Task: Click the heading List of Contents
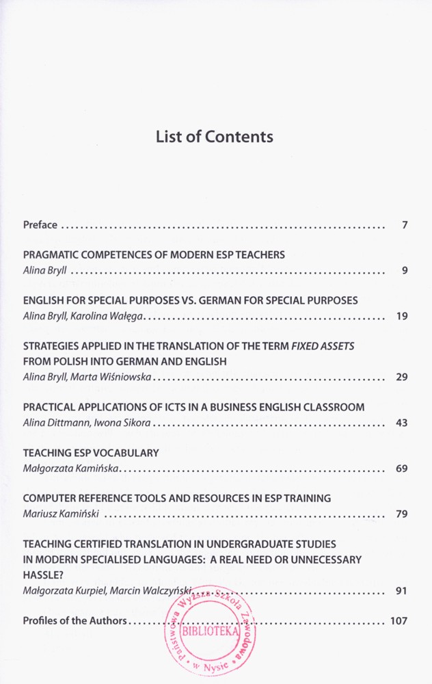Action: pos(215,136)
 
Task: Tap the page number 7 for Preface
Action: pos(405,224)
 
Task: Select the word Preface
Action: pos(40,224)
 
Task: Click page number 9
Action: pos(405,270)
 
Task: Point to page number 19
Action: pos(402,316)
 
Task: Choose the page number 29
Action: pos(402,377)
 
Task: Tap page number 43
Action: pos(402,423)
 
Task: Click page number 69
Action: pos(402,469)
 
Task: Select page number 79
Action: pos(402,514)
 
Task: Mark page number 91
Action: pos(402,590)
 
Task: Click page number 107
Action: pos(399,621)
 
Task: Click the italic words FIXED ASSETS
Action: pos(323,346)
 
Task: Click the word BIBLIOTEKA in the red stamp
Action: pos(210,631)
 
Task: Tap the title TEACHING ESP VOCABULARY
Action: pos(91,453)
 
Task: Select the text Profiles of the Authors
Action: pos(75,621)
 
